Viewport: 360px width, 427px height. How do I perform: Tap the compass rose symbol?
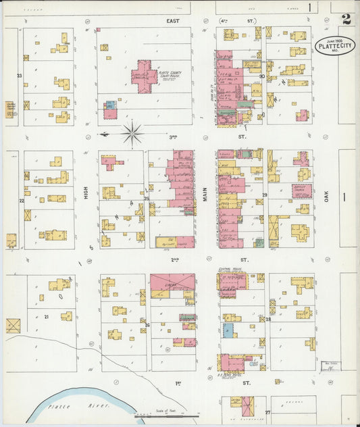132,133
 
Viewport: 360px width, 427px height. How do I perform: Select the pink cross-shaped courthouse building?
143,76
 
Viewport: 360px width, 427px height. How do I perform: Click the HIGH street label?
86,193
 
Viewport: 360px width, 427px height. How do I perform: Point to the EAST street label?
174,22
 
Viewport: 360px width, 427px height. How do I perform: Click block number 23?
20,76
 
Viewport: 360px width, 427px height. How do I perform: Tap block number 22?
22,201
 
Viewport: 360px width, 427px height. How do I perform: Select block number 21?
46,316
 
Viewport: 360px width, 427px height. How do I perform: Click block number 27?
267,411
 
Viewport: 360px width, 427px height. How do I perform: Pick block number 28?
267,319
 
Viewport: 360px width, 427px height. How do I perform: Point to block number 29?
265,195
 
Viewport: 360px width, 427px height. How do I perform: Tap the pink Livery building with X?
172,282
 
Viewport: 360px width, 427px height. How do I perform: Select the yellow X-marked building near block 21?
14,326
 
